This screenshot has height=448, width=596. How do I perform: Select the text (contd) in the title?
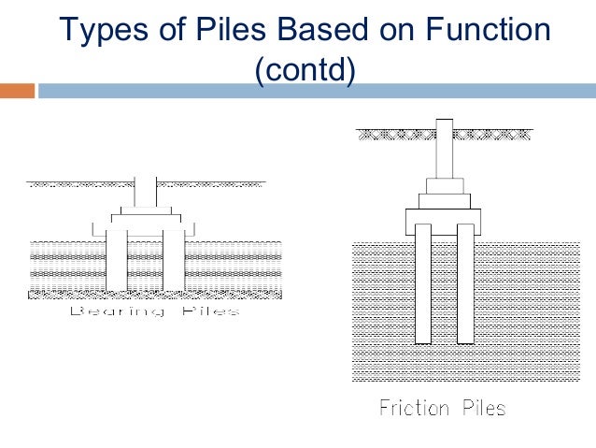(x=305, y=70)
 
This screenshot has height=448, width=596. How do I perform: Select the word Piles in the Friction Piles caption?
(x=481, y=408)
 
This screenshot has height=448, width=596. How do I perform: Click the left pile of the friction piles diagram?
(x=422, y=285)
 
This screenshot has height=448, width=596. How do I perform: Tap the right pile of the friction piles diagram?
(x=464, y=285)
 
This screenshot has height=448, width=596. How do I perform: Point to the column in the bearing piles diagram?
(x=145, y=192)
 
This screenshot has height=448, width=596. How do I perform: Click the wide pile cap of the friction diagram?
(x=443, y=221)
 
